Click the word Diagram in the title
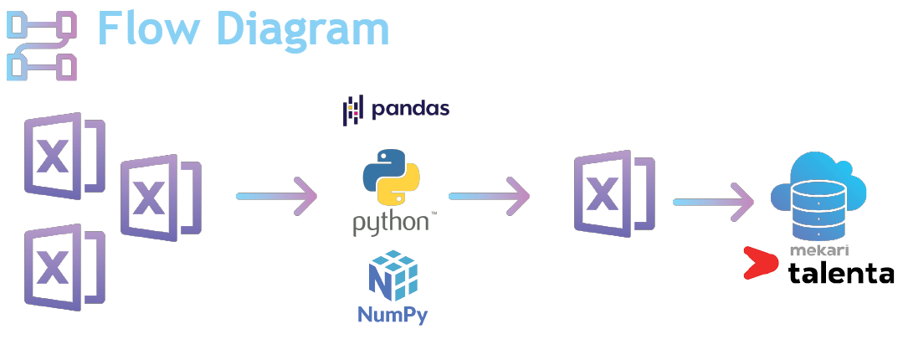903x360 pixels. click(303, 28)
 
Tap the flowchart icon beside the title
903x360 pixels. click(42, 45)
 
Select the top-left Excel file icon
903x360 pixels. click(64, 156)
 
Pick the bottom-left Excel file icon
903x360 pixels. click(64, 267)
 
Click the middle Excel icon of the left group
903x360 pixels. click(161, 198)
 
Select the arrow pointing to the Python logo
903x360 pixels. click(276, 197)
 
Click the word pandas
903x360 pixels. click(411, 109)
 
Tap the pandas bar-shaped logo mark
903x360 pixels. click(354, 111)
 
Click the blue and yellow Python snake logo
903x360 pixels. click(391, 177)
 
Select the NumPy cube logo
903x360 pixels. click(392, 275)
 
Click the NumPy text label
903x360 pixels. click(392, 315)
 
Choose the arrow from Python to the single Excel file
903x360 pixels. click(489, 197)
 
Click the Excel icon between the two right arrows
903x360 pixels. click(614, 193)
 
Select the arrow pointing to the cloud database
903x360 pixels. click(714, 202)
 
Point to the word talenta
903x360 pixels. click(841, 272)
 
